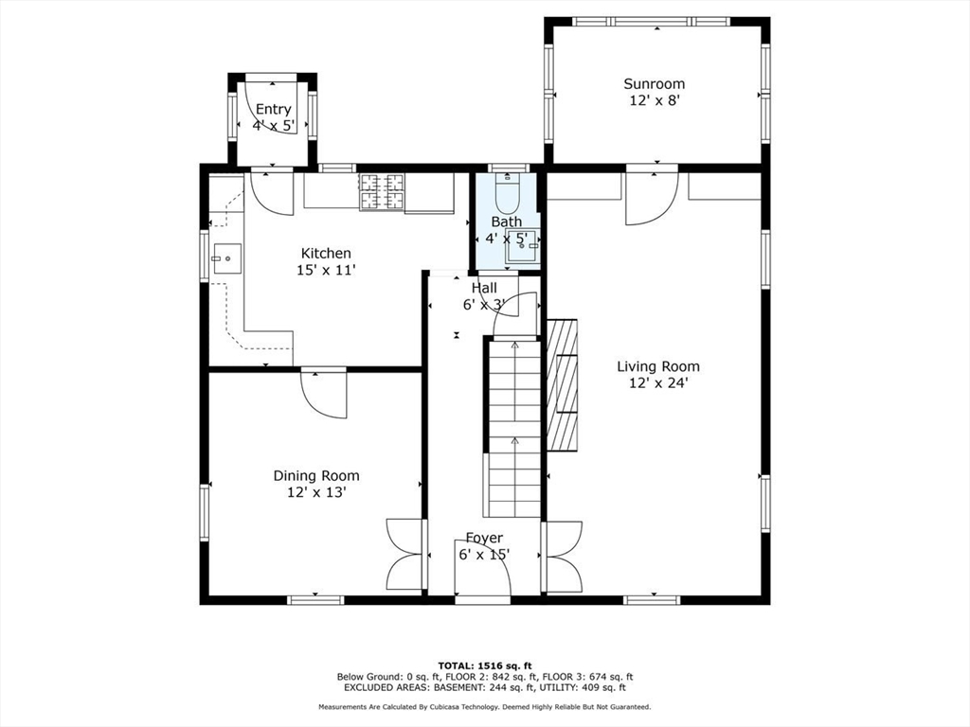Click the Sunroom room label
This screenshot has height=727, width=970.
(654, 83)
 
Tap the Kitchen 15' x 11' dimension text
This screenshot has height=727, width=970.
(326, 270)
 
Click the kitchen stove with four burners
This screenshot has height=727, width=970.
(382, 191)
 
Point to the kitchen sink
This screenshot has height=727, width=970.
(226, 257)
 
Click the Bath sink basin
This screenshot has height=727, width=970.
(523, 245)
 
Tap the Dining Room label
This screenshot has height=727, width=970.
(316, 475)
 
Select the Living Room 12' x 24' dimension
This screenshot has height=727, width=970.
(658, 382)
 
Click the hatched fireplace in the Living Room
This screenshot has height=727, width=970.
(563, 385)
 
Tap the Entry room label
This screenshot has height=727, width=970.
(273, 110)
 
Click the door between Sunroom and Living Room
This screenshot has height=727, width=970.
(652, 198)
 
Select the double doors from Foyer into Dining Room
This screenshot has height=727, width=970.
(405, 555)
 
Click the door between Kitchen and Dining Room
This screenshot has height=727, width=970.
(324, 395)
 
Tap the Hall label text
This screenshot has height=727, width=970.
(484, 288)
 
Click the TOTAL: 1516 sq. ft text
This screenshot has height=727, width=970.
(485, 665)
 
